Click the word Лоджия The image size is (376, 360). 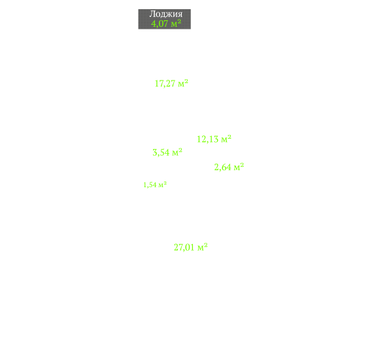[x=166, y=14]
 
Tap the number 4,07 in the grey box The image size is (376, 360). [x=160, y=24]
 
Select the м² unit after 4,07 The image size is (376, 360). [x=176, y=24]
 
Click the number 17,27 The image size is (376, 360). [x=165, y=84]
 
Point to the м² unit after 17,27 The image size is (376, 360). [x=183, y=83]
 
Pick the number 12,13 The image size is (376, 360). [x=208, y=139]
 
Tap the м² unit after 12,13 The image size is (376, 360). [x=226, y=139]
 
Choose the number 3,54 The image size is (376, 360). [x=161, y=153]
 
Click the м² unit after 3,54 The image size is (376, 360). [x=177, y=152]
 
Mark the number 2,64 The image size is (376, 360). [x=222, y=168]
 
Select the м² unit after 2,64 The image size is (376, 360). [x=239, y=167]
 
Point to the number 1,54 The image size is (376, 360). [x=150, y=185]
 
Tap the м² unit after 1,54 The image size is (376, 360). [x=163, y=185]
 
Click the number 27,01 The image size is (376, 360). [x=184, y=247]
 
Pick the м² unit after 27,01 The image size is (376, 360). [x=203, y=247]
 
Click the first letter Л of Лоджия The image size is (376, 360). [x=152, y=14]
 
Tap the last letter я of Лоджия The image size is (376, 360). [x=180, y=14]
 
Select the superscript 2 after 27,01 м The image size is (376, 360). [x=206, y=245]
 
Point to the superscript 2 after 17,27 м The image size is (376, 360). [x=186, y=81]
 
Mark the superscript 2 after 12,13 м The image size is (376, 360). [x=230, y=137]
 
